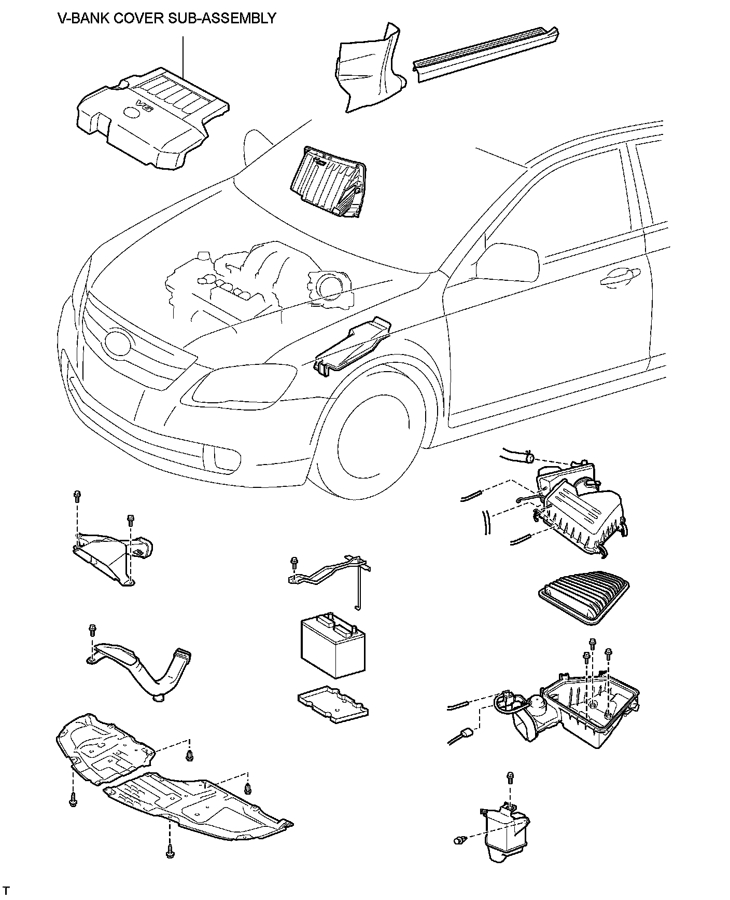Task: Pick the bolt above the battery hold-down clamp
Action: (x=295, y=562)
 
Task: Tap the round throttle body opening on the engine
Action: (x=328, y=285)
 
